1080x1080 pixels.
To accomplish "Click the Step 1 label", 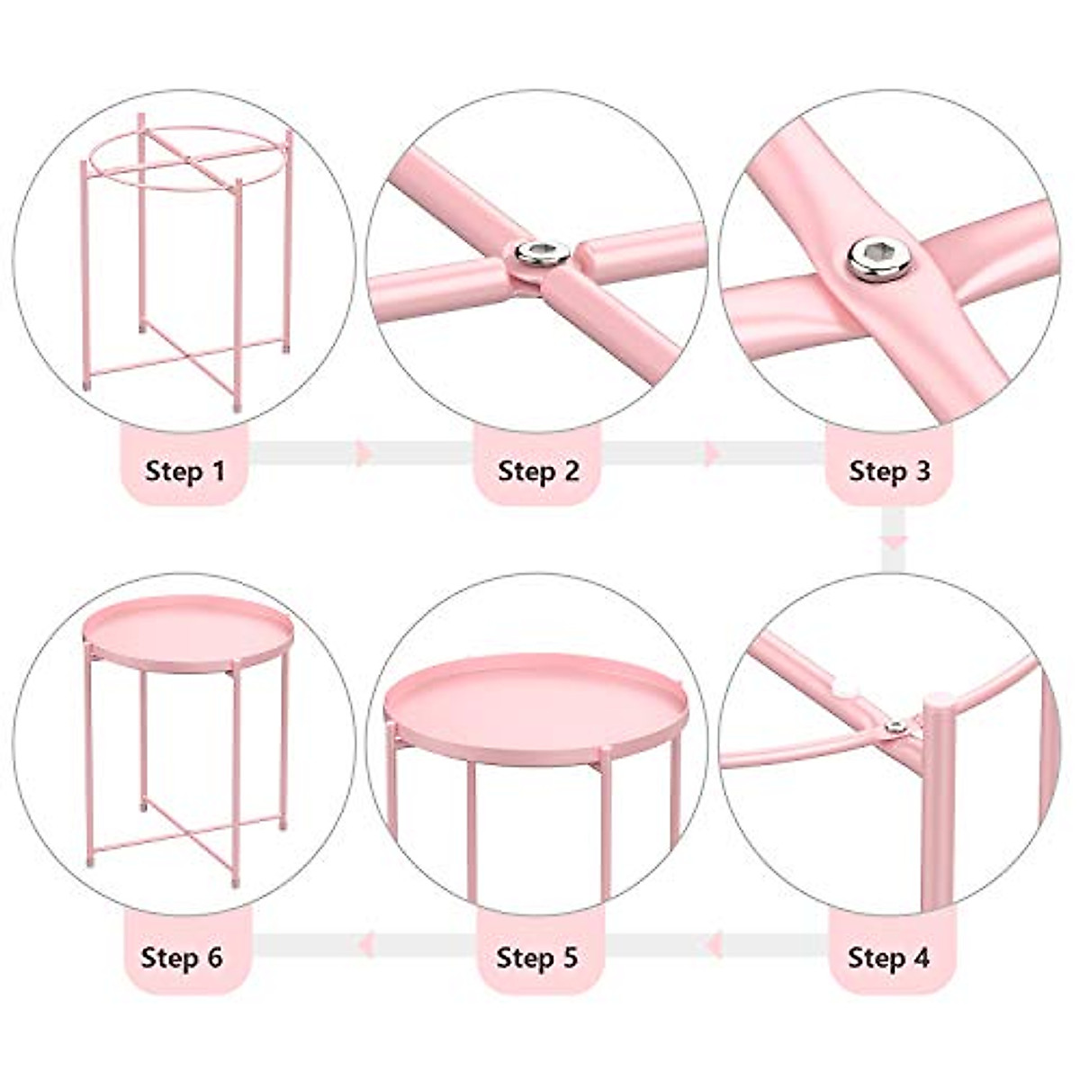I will (x=184, y=471).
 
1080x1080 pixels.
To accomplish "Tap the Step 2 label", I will (x=538, y=471).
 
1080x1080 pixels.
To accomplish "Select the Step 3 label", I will (x=889, y=471).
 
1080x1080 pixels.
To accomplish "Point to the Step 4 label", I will (x=889, y=957).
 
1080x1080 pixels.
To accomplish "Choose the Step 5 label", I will (x=537, y=957).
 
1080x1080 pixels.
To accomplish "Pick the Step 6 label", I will (x=182, y=957).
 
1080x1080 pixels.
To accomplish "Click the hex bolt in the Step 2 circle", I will (x=542, y=255).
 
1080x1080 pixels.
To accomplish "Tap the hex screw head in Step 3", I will (x=878, y=259).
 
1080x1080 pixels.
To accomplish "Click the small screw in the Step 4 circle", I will (x=895, y=727).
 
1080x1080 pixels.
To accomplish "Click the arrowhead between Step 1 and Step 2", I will (x=364, y=454).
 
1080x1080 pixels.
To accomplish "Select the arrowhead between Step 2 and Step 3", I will (x=713, y=454).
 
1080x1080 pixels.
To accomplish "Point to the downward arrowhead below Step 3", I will (x=892, y=542).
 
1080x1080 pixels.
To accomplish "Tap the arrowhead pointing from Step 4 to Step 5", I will (x=714, y=944).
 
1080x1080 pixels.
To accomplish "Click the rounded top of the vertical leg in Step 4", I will (x=939, y=702).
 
